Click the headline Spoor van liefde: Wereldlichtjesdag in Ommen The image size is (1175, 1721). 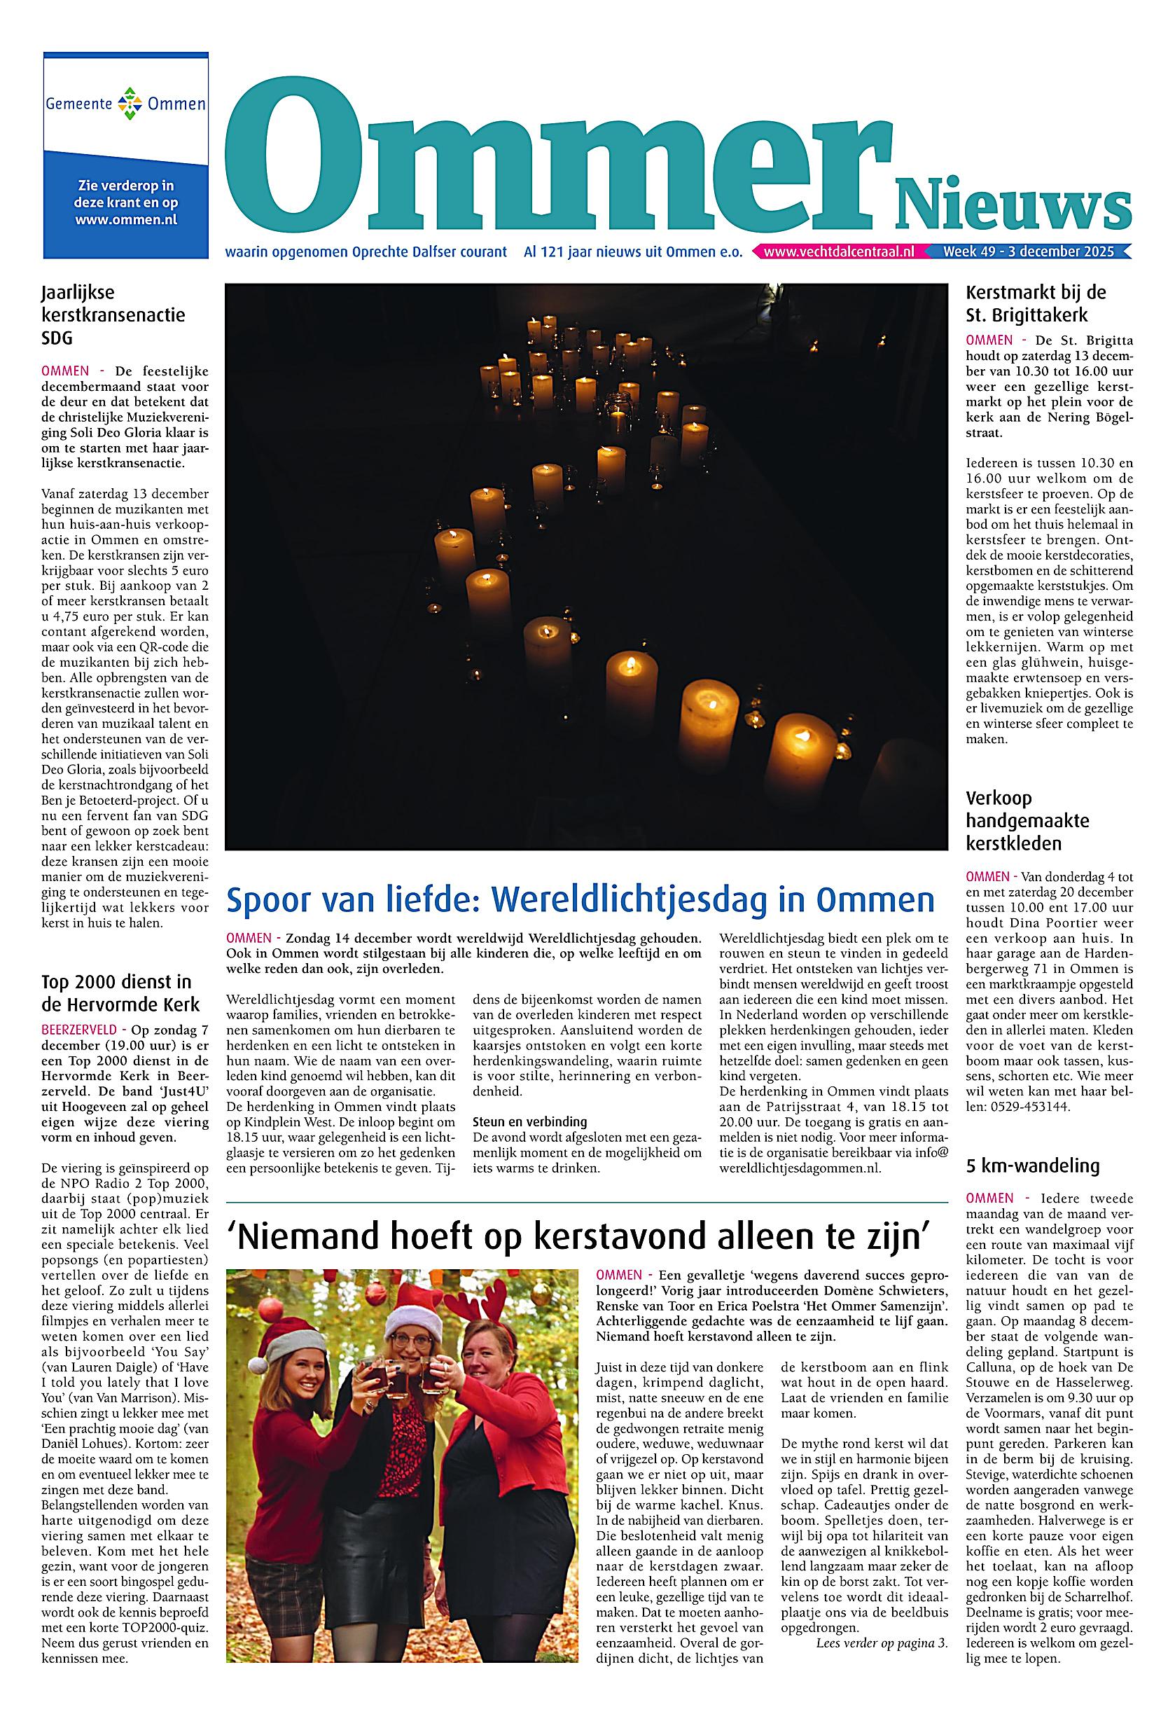click(x=580, y=900)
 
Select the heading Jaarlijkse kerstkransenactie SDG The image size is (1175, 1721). click(x=113, y=315)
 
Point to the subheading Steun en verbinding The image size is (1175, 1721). click(x=529, y=1121)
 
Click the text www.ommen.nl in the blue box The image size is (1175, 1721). click(x=126, y=219)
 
